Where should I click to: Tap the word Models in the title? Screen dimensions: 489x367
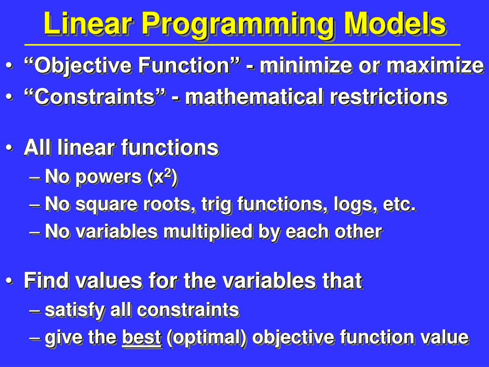395,23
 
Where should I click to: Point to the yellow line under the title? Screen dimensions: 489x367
242,45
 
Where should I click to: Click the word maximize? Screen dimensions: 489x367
436,65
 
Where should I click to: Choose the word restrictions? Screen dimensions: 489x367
389,97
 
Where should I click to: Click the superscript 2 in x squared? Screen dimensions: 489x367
168,173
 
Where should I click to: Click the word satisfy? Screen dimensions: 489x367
74,311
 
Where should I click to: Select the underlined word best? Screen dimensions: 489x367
141,337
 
